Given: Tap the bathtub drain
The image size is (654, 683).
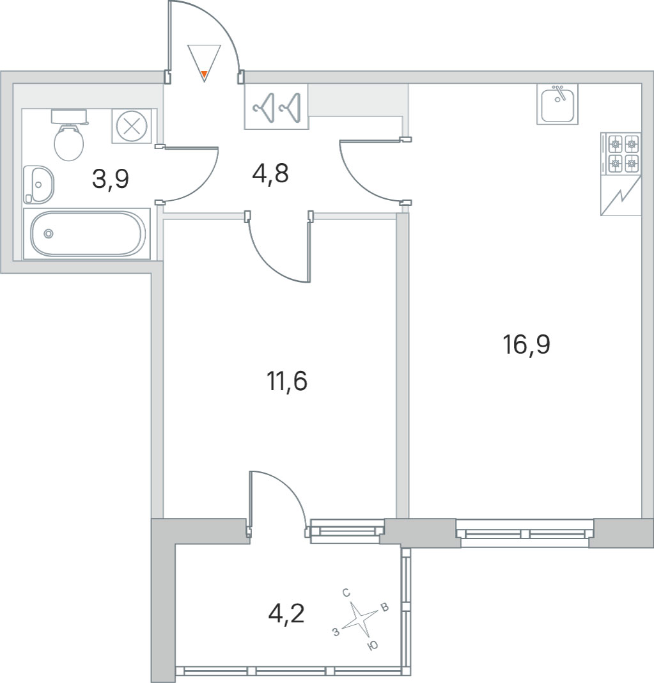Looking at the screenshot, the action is click(x=49, y=234).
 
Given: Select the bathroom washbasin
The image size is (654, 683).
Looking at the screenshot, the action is click(x=38, y=184).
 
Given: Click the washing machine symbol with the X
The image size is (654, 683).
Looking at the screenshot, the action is click(x=132, y=126).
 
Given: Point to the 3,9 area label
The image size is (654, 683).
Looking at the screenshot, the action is click(x=111, y=178).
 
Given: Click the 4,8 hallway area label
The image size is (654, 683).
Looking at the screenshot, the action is click(x=270, y=173).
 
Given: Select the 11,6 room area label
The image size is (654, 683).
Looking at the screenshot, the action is click(x=287, y=381).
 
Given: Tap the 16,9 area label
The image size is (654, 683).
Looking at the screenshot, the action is click(x=526, y=344).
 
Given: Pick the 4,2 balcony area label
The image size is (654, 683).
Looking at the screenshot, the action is click(x=286, y=614).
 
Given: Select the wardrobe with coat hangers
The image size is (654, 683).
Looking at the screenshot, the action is click(x=276, y=107).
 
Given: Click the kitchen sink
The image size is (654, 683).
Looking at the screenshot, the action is click(x=557, y=104).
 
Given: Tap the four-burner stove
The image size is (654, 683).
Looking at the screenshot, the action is click(x=621, y=154).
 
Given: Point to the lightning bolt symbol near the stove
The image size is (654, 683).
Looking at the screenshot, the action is click(x=621, y=196).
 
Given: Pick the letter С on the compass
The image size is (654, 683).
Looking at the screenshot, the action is click(x=346, y=592).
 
